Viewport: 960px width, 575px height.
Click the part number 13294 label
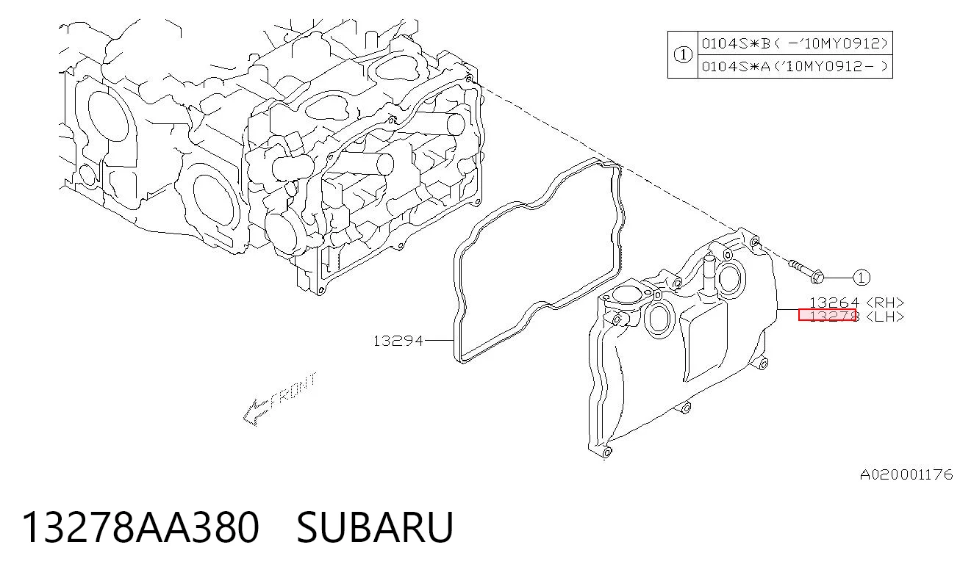tap(398, 341)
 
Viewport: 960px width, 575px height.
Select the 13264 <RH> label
tap(856, 303)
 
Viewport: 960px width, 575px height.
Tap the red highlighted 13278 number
tap(827, 315)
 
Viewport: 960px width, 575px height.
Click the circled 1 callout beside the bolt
tap(862, 278)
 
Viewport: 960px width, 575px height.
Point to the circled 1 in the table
tap(683, 55)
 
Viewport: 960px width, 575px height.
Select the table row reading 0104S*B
tap(795, 43)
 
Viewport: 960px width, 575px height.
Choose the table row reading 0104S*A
tap(795, 66)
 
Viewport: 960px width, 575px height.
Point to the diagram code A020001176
tap(906, 474)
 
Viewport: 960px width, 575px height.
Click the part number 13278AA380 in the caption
tap(140, 527)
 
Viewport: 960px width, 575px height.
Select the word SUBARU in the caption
tap(375, 527)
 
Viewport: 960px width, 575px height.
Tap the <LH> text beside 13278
tap(885, 317)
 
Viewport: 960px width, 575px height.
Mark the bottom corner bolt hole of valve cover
tap(606, 452)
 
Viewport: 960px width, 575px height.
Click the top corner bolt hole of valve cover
tap(754, 242)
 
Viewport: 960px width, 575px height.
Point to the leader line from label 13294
tap(439, 341)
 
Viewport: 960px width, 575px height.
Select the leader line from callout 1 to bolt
tap(838, 278)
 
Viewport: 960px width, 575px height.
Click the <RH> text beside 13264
tap(885, 303)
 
